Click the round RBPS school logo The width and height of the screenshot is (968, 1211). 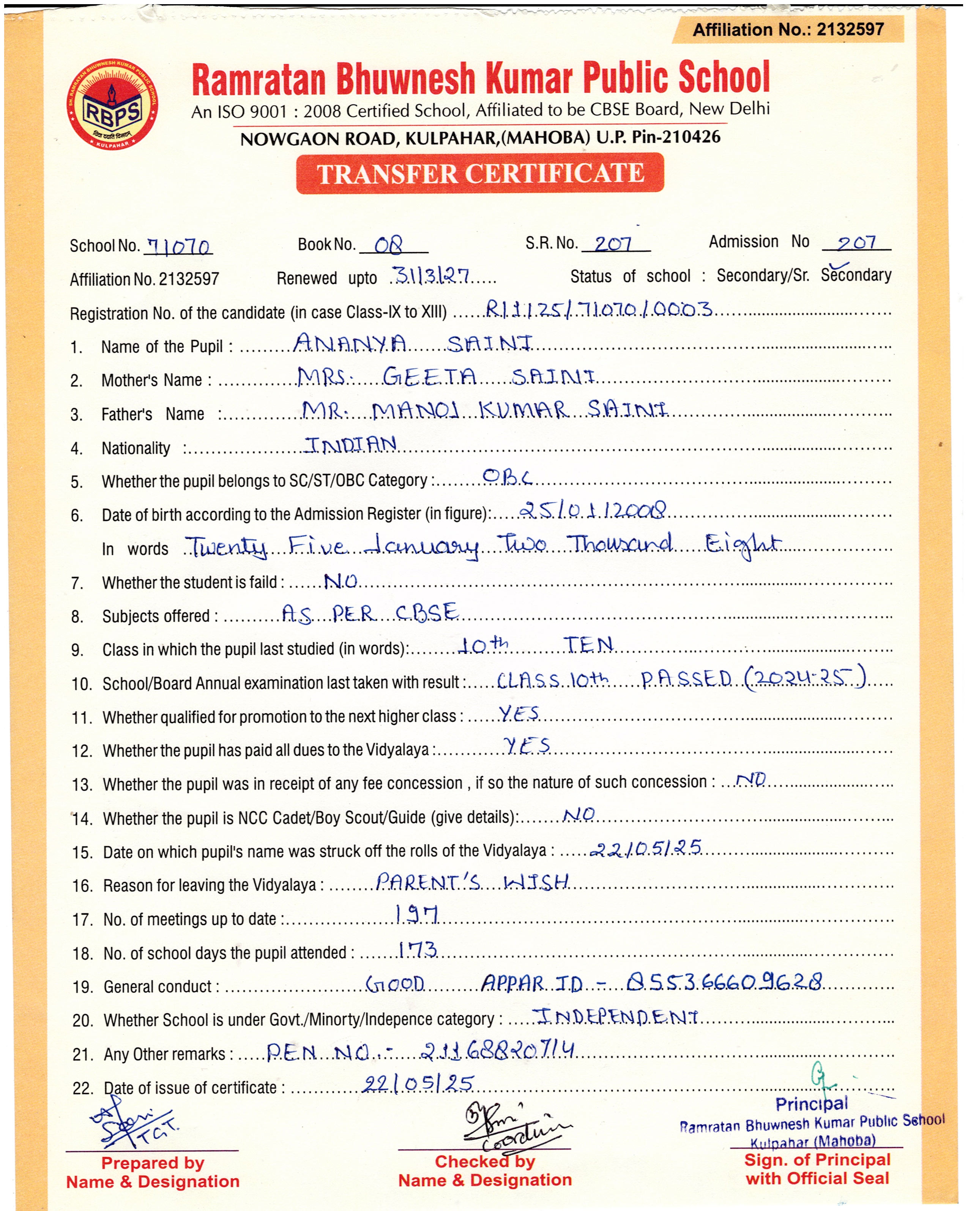tap(112, 105)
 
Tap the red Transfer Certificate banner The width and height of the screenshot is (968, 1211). tap(480, 173)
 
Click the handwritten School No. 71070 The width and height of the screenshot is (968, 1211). tap(179, 247)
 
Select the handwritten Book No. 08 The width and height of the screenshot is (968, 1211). tap(389, 245)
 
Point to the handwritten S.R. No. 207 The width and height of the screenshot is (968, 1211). tap(613, 243)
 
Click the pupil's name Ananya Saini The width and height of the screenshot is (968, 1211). tap(413, 343)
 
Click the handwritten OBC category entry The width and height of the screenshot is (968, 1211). tap(506, 478)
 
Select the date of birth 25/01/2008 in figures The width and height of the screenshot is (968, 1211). tap(593, 511)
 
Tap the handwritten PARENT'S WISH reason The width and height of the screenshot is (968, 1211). tap(472, 882)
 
